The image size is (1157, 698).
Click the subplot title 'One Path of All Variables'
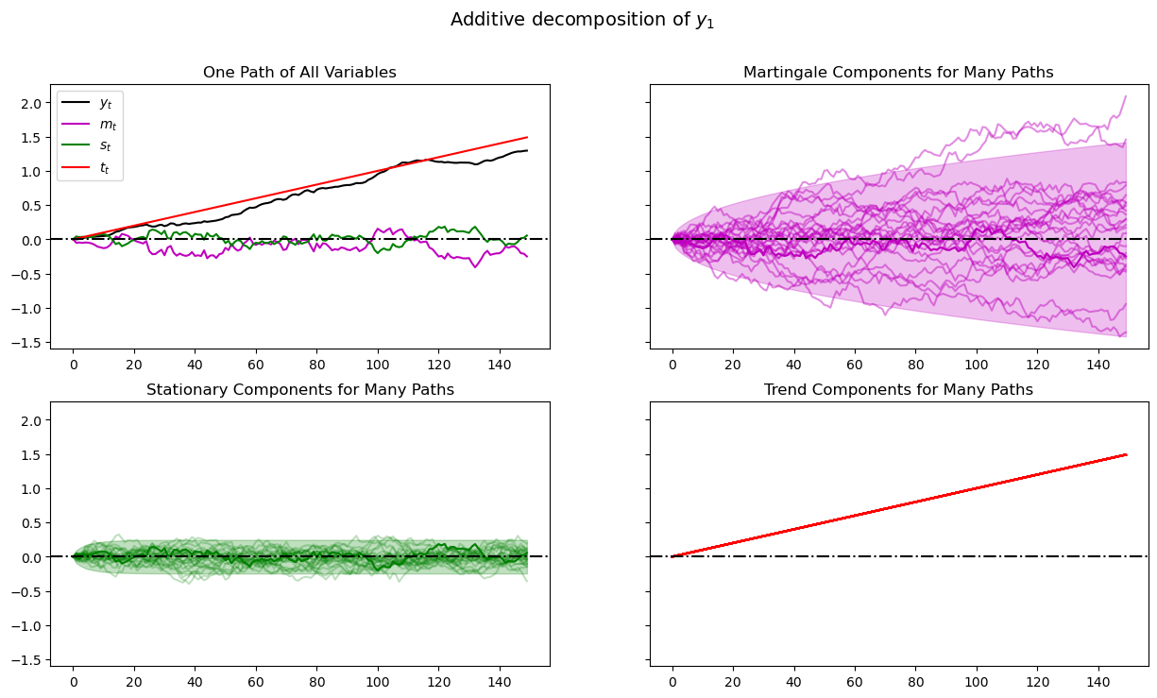[x=298, y=73]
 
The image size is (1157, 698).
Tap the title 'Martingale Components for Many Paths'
[x=898, y=73]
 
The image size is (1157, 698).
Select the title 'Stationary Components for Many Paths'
[x=298, y=389]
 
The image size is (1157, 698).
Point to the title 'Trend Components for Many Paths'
[x=898, y=389]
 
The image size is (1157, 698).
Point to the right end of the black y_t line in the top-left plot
[x=526, y=150]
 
